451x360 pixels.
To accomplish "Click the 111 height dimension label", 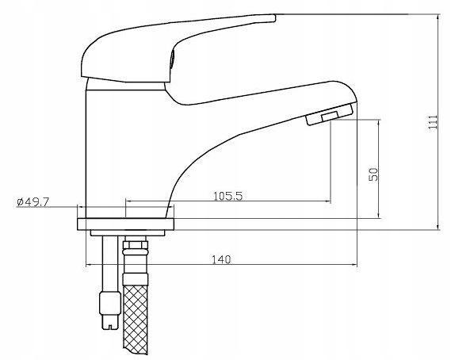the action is click(433, 122).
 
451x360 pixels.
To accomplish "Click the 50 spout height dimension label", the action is click(373, 174).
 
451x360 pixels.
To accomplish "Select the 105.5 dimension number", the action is click(227, 196).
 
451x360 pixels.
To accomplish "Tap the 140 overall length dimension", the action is click(221, 259).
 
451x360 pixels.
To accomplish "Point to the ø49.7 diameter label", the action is click(32, 201).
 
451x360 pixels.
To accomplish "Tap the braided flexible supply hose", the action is click(136, 320).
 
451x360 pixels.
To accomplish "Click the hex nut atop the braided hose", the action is click(136, 245).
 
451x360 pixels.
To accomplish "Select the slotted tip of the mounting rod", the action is click(110, 322).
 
